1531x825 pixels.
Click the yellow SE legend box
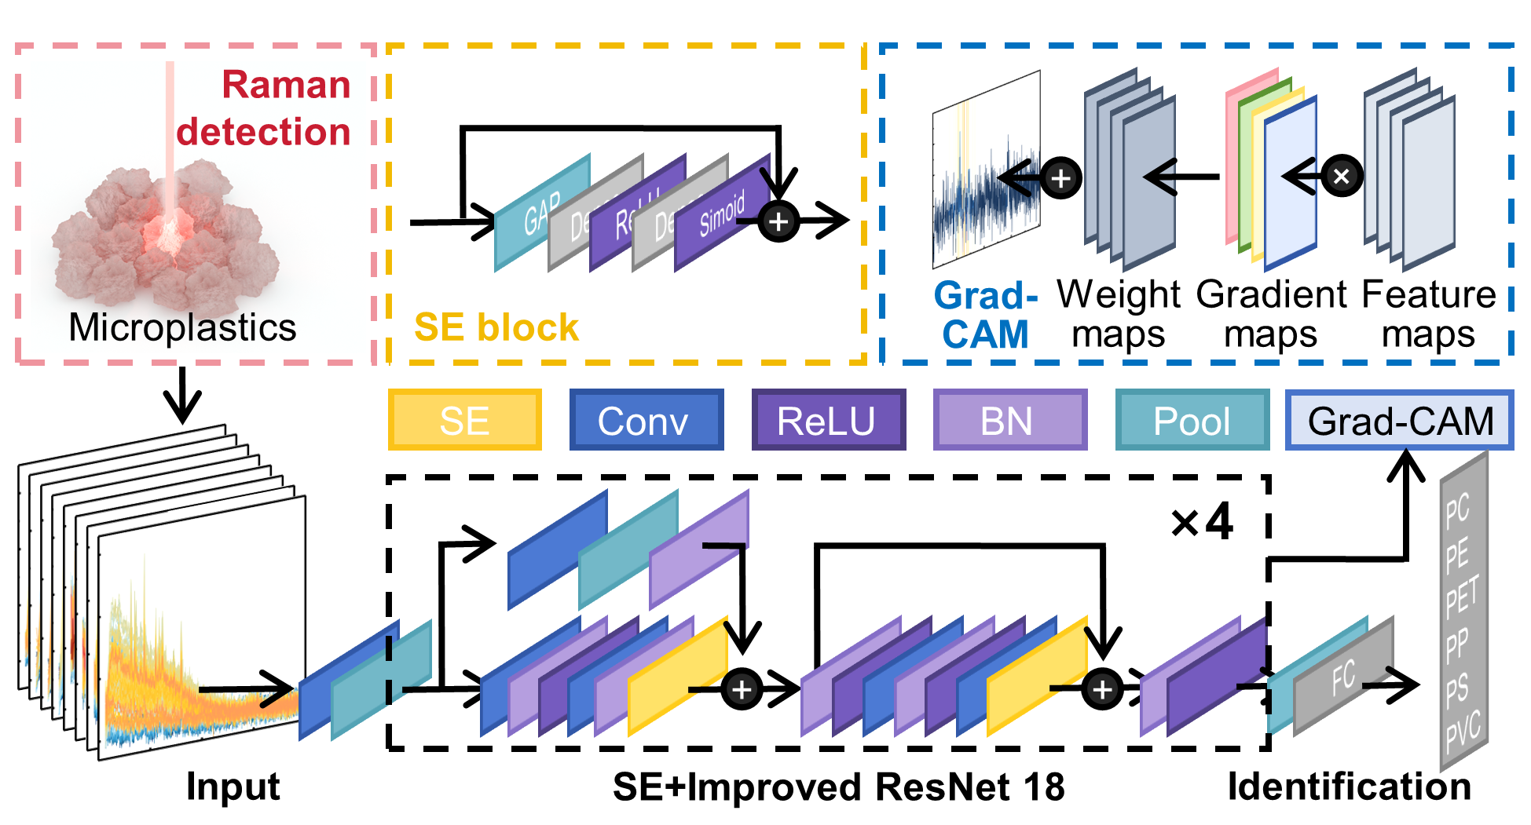(464, 420)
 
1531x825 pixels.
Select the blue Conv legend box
(646, 420)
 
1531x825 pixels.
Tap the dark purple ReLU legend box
(828, 420)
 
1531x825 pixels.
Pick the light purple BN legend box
(1009, 420)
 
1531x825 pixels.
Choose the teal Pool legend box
(1192, 420)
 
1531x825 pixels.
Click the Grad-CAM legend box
(1399, 420)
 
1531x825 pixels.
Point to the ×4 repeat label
(1202, 522)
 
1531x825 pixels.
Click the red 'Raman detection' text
(265, 108)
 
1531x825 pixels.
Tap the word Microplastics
(182, 327)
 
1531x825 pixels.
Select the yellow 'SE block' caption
(496, 327)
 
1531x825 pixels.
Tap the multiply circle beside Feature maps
(1342, 176)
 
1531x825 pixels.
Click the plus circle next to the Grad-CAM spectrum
(1060, 178)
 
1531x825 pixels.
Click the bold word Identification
(1350, 786)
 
